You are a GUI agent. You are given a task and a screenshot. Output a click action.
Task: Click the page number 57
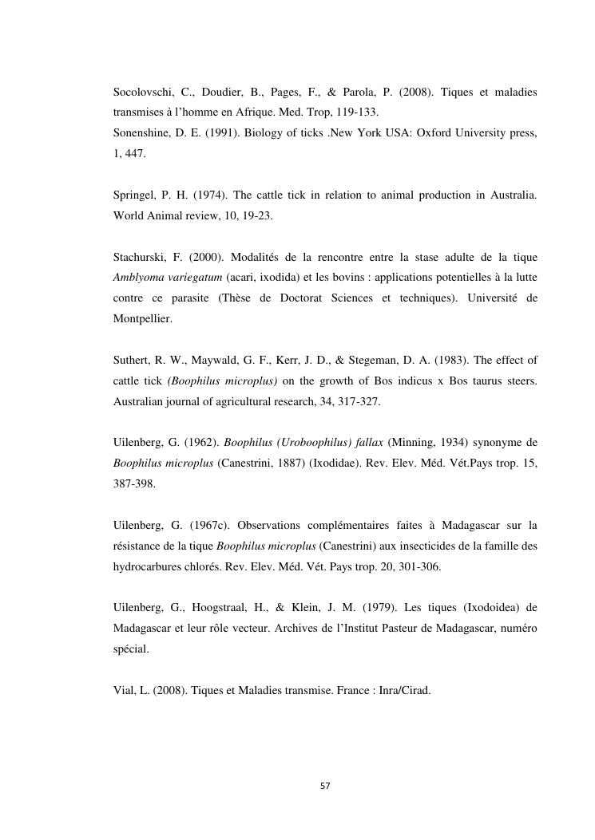pos(324,786)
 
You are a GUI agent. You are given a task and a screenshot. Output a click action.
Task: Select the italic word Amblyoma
pos(137,278)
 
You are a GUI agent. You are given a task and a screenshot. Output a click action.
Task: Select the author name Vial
pos(125,691)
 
